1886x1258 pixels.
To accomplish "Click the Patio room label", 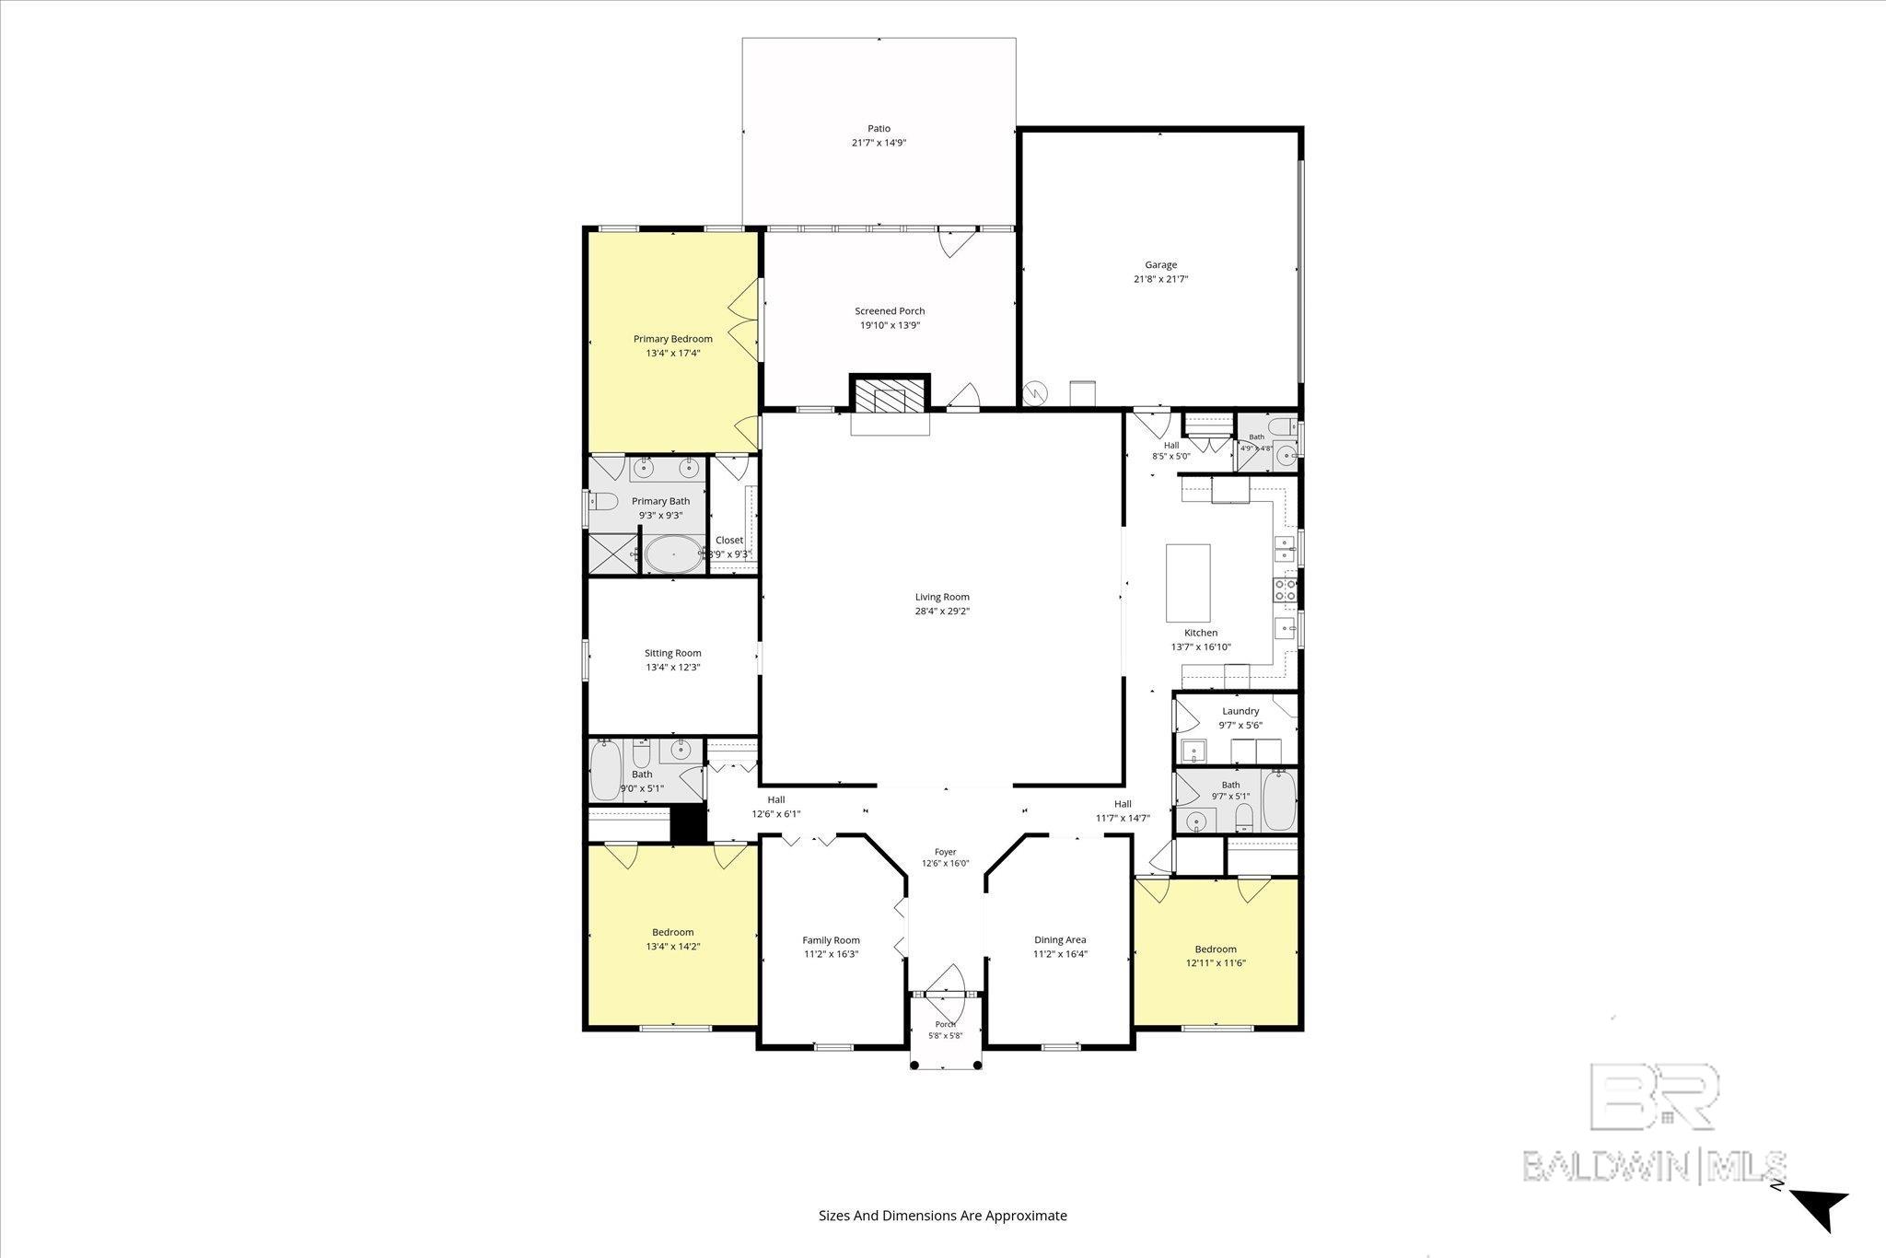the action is [879, 129].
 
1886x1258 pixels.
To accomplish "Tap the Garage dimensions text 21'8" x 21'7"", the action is [1160, 279].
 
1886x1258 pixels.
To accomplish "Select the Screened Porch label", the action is [890, 311].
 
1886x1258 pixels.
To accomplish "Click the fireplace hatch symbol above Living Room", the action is [890, 397].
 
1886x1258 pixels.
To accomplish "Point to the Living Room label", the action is [942, 597].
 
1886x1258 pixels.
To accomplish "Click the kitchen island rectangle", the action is [1188, 584].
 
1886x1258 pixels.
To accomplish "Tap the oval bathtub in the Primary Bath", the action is [673, 555].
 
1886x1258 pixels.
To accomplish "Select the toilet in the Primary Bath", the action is [603, 502].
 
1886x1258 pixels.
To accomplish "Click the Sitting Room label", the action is [673, 653].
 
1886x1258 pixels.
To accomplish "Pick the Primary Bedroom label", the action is [673, 339].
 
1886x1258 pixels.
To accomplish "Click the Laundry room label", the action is [1240, 711].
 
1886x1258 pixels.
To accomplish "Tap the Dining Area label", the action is [1060, 940].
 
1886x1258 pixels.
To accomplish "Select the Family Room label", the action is [832, 940].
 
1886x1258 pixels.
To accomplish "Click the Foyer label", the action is [945, 852].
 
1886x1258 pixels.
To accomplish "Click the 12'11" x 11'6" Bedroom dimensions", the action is [1216, 963].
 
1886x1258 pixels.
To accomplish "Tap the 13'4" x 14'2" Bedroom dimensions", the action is [673, 947].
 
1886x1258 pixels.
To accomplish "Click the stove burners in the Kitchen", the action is [1285, 589].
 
